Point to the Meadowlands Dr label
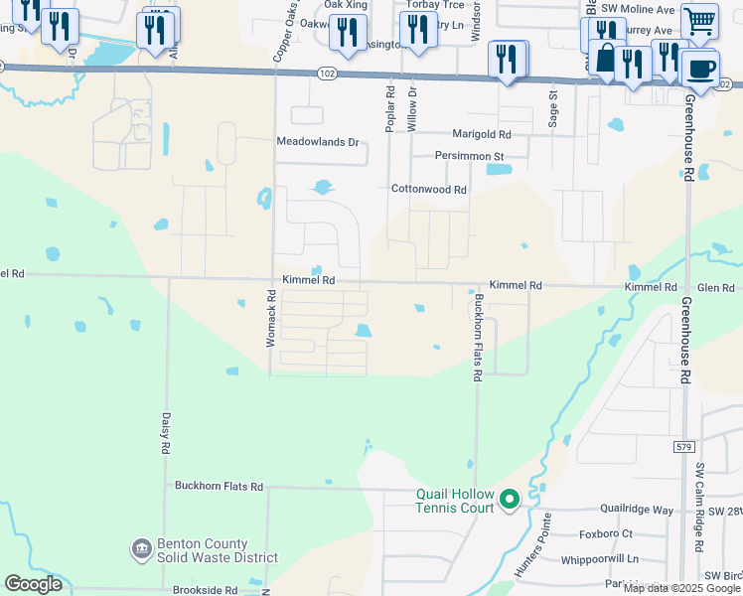point(317,142)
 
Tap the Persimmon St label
point(470,156)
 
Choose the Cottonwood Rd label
point(428,189)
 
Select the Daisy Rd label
point(165,435)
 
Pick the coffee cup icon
point(700,69)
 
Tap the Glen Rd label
point(715,287)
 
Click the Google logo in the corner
point(34,584)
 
